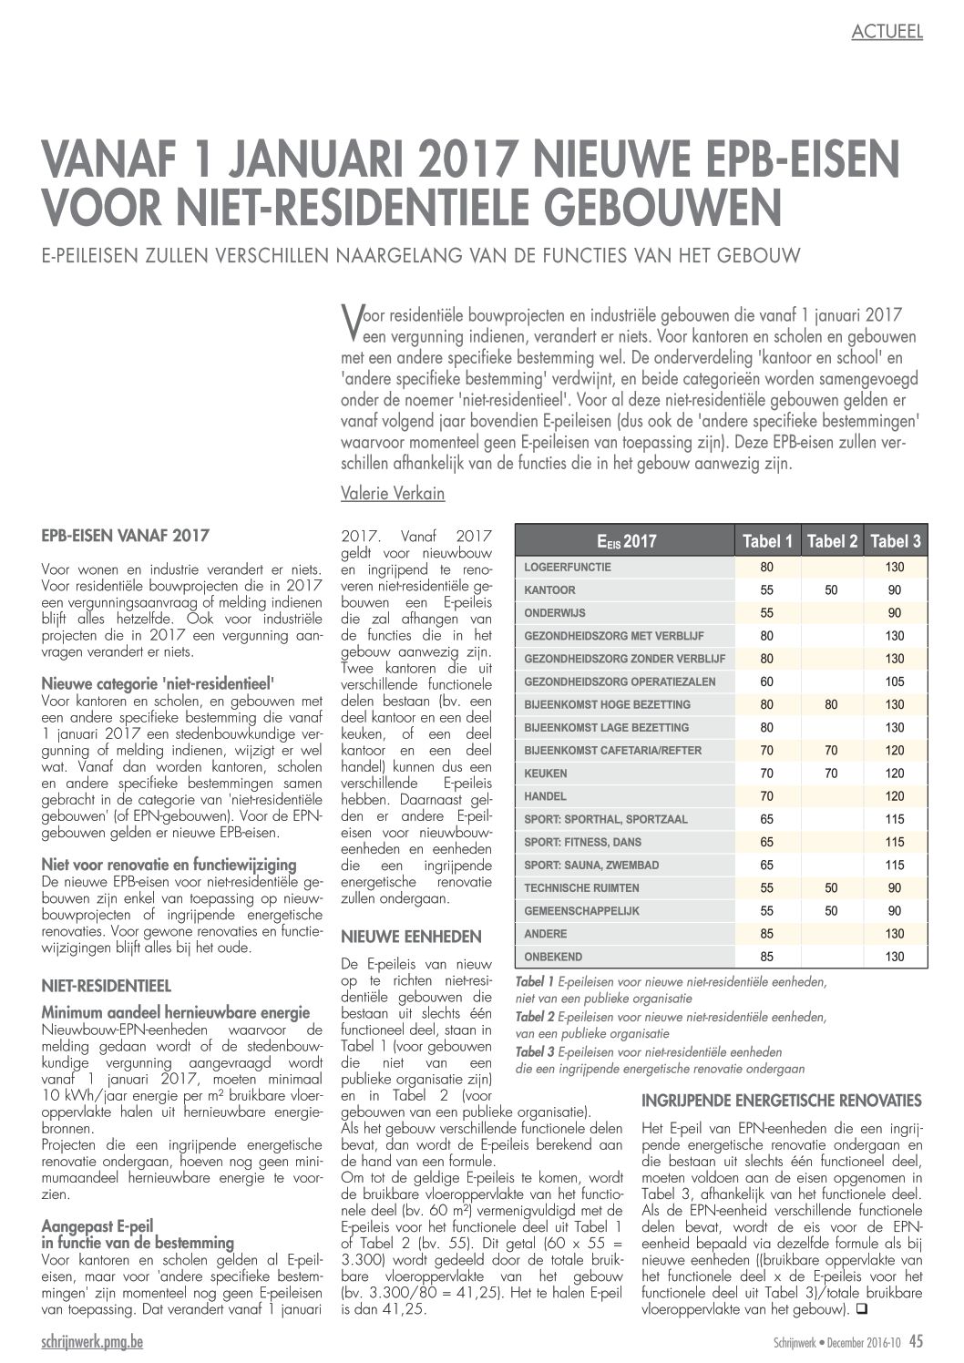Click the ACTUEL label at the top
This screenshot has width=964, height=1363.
pos(887,32)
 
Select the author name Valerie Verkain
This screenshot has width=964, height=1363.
pos(393,494)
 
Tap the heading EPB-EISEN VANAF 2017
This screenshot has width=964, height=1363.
pos(126,535)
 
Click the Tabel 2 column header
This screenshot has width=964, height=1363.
pos(832,541)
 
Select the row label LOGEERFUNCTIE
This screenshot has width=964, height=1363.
pos(568,567)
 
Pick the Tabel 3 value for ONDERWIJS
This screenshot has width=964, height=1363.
pos(894,613)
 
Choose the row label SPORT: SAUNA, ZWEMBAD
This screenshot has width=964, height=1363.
pos(591,865)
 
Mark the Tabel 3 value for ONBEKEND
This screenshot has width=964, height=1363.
pos(894,957)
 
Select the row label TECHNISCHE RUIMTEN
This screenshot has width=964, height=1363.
pos(581,887)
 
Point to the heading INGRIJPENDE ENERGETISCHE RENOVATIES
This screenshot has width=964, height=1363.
pos(782,1100)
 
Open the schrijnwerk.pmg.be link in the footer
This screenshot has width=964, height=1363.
pos(92,1342)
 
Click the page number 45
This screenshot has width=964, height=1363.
pos(915,1341)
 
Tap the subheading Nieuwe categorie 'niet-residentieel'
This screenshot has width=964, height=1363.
pos(158,683)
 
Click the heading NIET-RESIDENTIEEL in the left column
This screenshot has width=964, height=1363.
pos(107,985)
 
